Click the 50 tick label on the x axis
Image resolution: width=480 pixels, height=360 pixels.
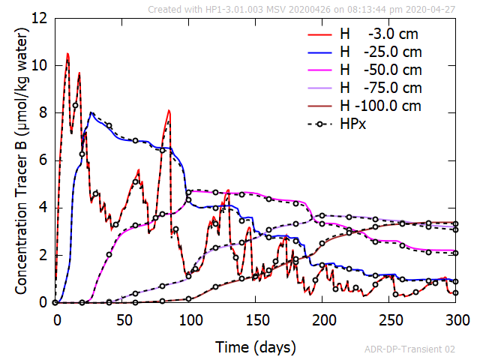123,319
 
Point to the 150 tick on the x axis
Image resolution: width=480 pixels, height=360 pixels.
256,319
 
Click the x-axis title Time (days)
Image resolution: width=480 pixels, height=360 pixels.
256,347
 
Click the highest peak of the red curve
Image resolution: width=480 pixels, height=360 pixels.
67,54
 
